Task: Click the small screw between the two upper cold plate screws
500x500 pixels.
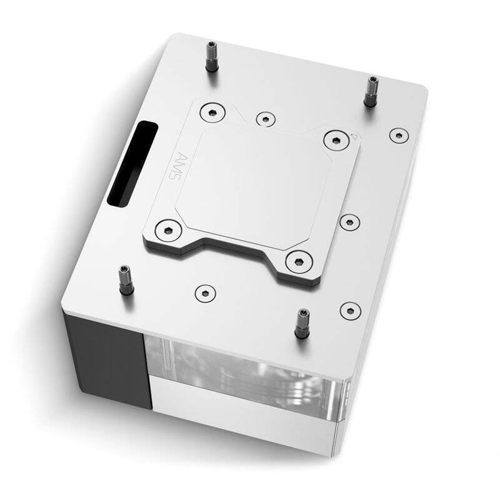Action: pyautogui.click(x=266, y=118)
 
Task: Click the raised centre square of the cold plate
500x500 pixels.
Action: pyautogui.click(x=262, y=181)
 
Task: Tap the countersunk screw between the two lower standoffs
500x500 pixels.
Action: pyautogui.click(x=204, y=291)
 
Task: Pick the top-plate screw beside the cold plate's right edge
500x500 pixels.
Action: pyautogui.click(x=348, y=221)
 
